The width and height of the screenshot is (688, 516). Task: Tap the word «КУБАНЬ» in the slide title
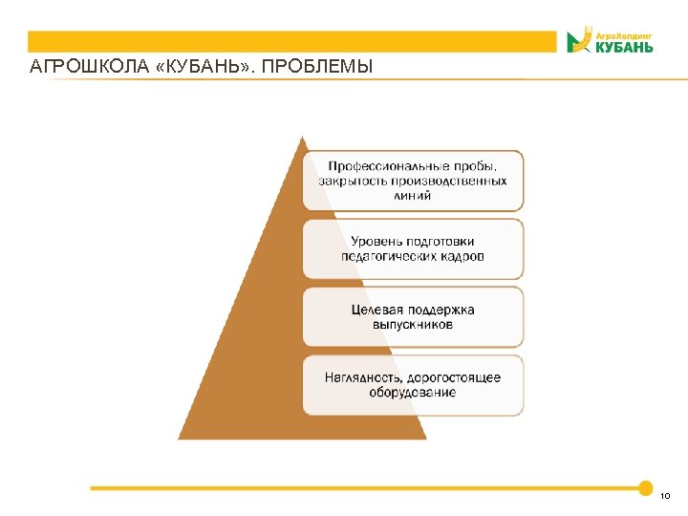point(204,68)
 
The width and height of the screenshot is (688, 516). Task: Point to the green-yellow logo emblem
point(578,41)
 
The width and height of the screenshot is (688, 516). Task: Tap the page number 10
point(665,495)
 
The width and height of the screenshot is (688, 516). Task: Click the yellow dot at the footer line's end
point(645,487)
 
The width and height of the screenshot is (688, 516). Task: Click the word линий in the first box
point(413,195)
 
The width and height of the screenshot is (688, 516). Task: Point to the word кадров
point(462,256)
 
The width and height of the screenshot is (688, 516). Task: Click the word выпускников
point(413,325)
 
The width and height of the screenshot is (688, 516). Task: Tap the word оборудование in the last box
point(413,393)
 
